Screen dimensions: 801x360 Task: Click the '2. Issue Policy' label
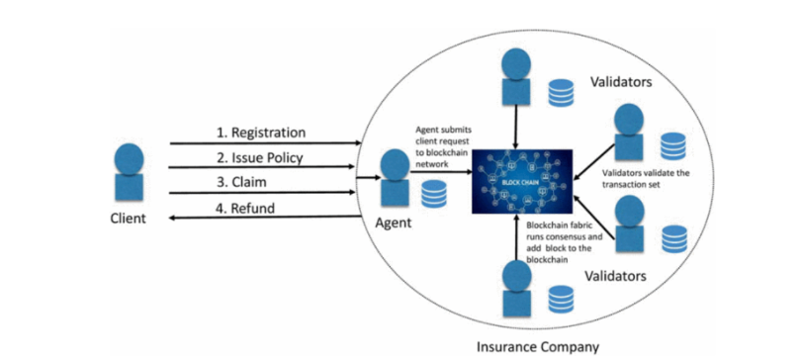[x=259, y=157]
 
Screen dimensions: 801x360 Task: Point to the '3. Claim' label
[x=241, y=182]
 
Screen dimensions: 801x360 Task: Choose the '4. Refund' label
[x=245, y=208]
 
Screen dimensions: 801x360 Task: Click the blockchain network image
[x=522, y=181]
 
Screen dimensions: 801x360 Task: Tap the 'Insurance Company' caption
[x=537, y=347]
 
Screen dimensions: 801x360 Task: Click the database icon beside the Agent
[x=434, y=194]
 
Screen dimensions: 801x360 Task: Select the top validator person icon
[x=516, y=77]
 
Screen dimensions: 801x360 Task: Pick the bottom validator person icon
[x=517, y=289]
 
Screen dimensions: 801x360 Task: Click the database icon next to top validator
[x=562, y=92]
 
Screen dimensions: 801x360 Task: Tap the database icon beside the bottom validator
[x=562, y=299]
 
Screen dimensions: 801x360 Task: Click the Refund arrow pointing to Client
[x=266, y=218]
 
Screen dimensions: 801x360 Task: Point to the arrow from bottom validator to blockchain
[x=517, y=237]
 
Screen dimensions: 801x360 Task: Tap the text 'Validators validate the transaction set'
[x=646, y=179]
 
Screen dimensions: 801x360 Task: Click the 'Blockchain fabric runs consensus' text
[x=565, y=231]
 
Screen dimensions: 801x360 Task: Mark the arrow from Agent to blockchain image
[x=441, y=172]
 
